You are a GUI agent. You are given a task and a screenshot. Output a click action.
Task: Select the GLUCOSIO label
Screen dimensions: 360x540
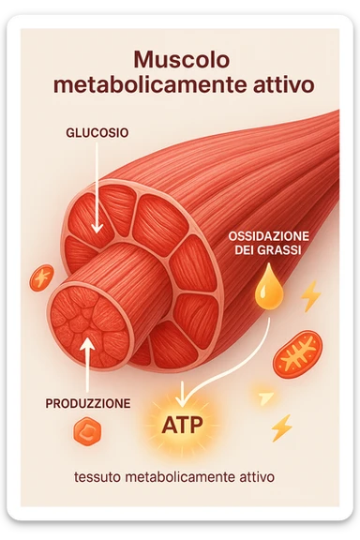coord(97,132)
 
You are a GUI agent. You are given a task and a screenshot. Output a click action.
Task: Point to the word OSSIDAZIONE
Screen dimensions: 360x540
coord(270,235)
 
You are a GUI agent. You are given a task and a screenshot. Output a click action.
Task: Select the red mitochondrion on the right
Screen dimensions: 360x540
coord(298,353)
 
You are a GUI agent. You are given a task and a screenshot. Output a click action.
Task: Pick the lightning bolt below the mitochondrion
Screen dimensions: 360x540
coord(280,427)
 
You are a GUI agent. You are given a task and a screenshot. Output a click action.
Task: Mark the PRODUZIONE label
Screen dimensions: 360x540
coord(87,404)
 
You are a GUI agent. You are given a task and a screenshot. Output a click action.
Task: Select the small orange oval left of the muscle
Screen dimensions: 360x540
coord(42,277)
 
